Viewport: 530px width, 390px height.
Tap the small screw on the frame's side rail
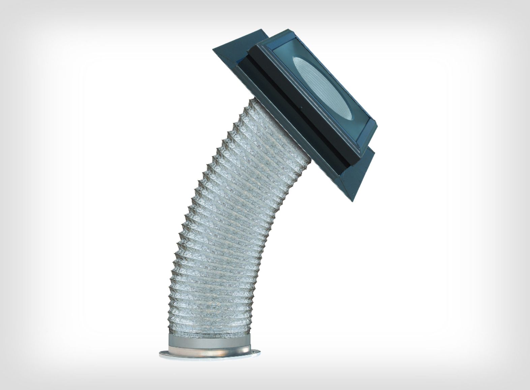[x=301, y=108]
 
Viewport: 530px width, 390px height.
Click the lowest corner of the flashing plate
[x=352, y=201]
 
